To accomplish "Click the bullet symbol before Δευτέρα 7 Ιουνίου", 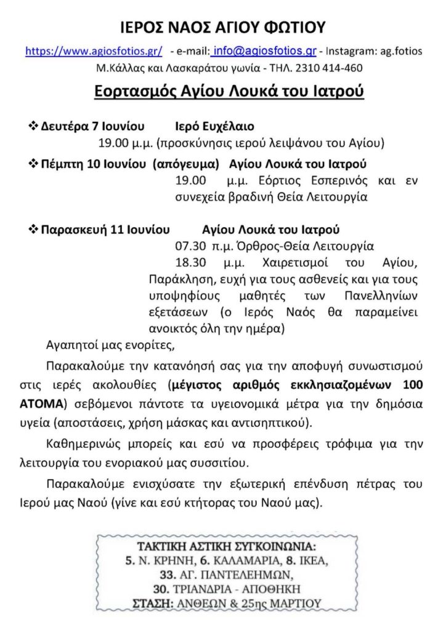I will [34, 126].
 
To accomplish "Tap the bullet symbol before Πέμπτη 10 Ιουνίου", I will [34, 164].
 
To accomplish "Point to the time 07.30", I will [189, 248].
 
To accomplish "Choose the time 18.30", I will [189, 265].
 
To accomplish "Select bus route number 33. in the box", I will [166, 575].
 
